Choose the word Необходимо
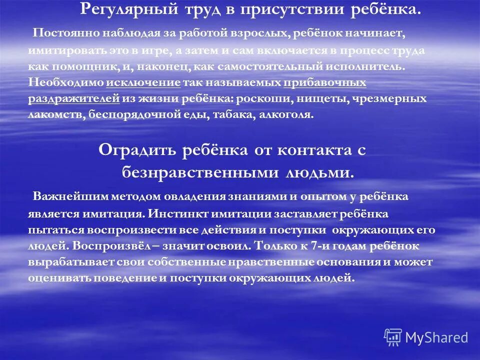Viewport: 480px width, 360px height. (66, 82)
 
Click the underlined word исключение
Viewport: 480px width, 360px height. (143, 82)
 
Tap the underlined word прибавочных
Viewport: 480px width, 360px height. (324, 82)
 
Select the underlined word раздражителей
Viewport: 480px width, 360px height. (74, 98)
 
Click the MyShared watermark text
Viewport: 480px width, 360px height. (436, 338)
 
